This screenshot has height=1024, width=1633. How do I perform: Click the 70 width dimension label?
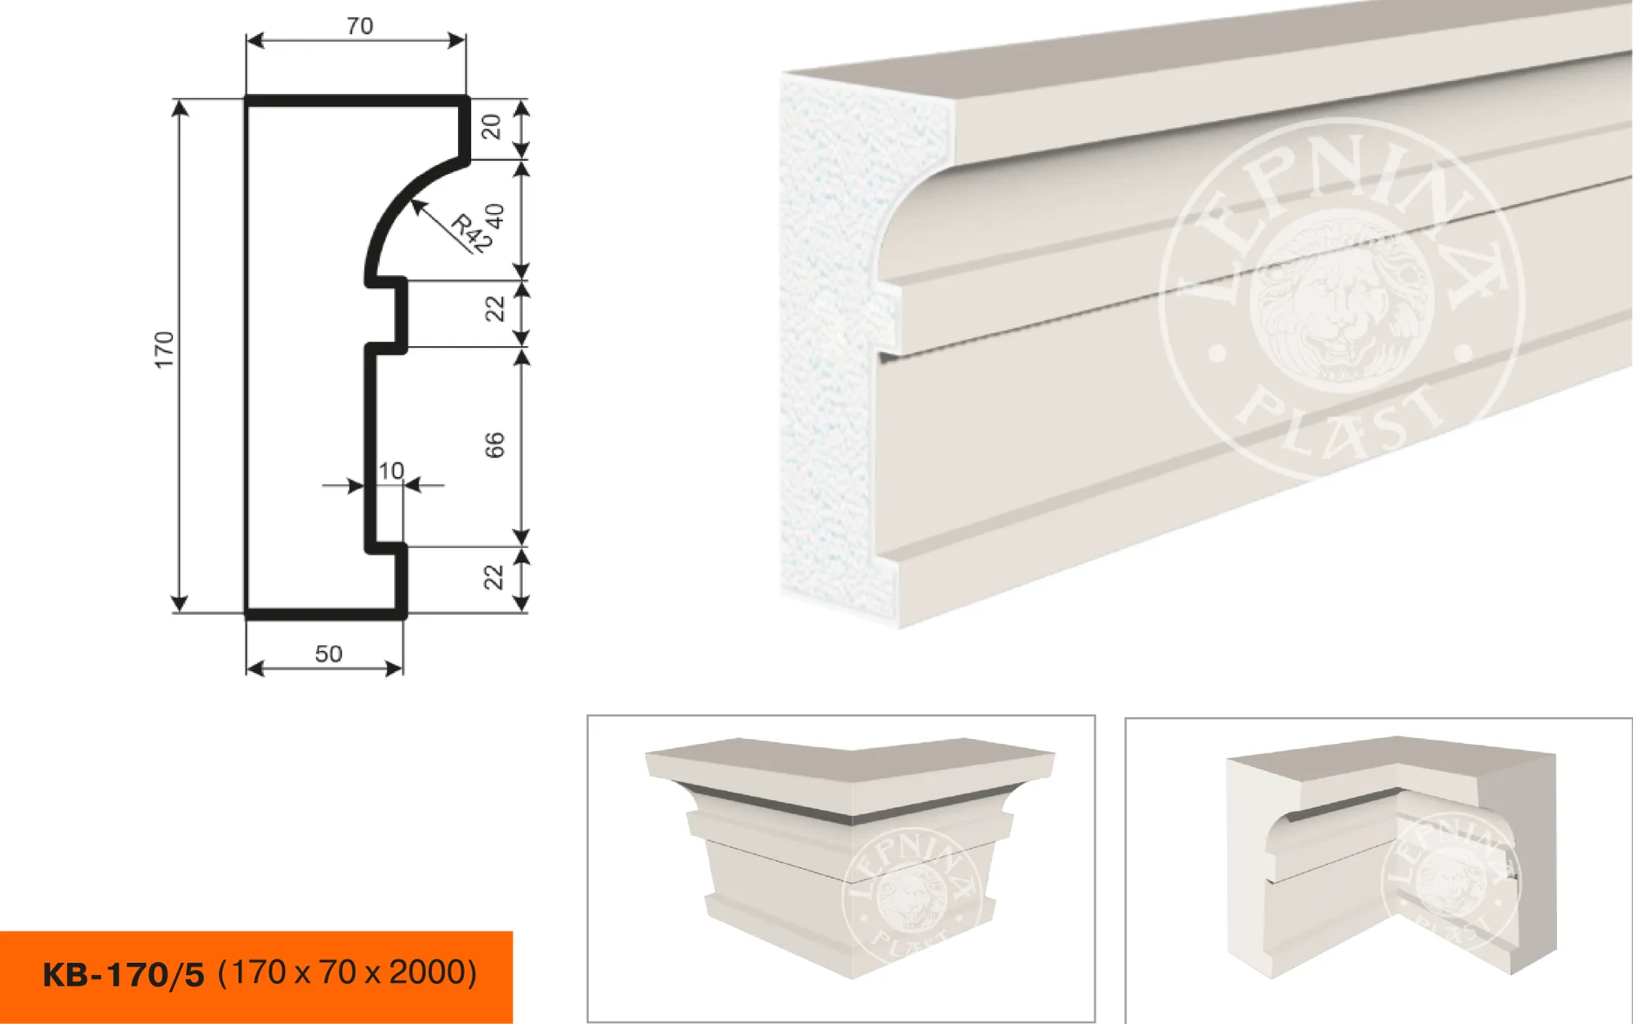point(359,26)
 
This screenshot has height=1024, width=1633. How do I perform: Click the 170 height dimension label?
point(164,349)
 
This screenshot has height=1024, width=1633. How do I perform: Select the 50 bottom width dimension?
point(328,653)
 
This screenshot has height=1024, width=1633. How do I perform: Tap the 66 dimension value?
point(495,445)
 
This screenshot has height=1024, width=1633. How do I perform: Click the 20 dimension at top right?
point(491,127)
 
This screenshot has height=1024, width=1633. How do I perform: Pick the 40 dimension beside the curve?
point(495,217)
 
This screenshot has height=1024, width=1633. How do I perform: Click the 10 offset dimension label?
point(391,470)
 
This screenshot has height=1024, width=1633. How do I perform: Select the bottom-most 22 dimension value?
point(493,577)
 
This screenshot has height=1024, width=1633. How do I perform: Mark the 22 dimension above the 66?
point(495,309)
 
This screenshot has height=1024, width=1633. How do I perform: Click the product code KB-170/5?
point(123,975)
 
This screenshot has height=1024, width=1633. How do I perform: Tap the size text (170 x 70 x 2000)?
point(348,973)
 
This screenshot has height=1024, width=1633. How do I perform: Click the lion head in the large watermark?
point(1336,301)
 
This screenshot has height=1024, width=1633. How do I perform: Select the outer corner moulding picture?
point(841,868)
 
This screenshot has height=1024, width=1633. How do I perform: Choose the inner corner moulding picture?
point(1378,870)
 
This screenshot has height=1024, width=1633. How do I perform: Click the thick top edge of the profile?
point(357,100)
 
